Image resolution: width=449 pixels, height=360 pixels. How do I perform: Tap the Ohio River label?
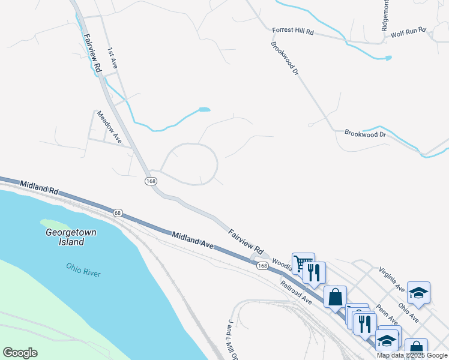(83, 269)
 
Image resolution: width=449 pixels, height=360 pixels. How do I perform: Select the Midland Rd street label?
(38, 187)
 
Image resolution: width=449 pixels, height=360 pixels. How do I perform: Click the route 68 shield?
(118, 212)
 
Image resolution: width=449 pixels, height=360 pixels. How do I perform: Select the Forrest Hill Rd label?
(293, 30)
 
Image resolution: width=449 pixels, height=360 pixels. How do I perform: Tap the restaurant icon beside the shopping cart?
(314, 273)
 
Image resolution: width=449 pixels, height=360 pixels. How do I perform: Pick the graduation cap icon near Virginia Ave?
(418, 293)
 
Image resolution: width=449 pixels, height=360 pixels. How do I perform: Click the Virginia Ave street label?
(392, 279)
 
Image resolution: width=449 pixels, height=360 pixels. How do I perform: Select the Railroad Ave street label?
(295, 292)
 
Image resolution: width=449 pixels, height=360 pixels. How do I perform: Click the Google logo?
(20, 353)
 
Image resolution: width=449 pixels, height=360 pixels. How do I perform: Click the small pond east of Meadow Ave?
(205, 110)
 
